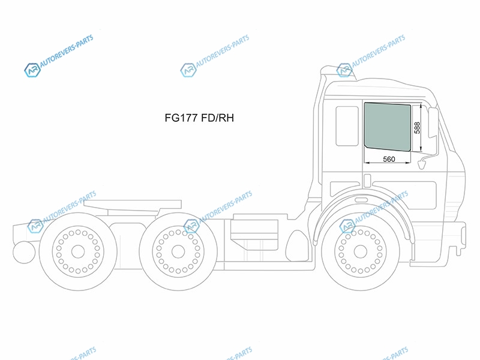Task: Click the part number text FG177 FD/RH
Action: coord(199,118)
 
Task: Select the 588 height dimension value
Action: coord(417,128)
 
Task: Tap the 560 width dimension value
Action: coord(389,159)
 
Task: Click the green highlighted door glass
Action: coord(387,127)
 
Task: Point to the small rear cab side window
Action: coord(347,126)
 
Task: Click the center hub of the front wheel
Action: coord(361,251)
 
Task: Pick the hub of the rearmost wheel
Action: coord(78,251)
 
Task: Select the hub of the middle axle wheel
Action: coord(178,251)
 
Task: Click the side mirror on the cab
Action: coord(433,122)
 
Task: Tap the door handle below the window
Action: coord(367,181)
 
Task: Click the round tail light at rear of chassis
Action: coord(24,252)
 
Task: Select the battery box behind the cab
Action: coord(254,234)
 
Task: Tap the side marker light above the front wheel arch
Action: coord(361,200)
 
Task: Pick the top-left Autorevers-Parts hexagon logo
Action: coord(32,70)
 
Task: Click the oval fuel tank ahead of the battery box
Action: coord(296,246)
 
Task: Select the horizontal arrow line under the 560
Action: coord(387,163)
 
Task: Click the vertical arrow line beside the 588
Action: coord(421,127)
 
